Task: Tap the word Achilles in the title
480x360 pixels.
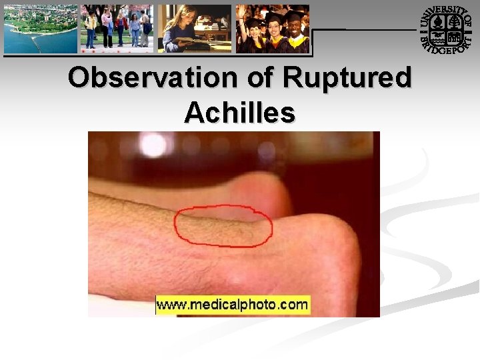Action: (239, 113)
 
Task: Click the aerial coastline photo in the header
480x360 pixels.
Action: (40, 29)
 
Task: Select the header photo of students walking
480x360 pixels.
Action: (117, 29)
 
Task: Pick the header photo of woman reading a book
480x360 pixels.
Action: (194, 29)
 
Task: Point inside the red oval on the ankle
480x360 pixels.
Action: (223, 226)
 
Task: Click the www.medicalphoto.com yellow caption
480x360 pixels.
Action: (233, 305)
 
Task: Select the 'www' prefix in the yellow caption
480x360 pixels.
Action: (169, 305)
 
